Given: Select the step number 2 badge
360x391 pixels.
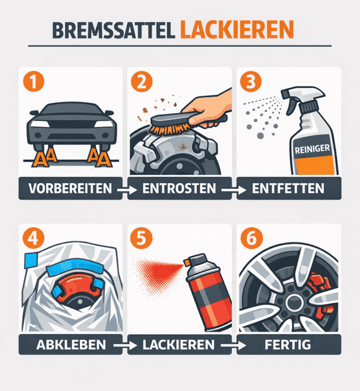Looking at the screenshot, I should (140, 81).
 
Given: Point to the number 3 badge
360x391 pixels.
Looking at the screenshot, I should (248, 81).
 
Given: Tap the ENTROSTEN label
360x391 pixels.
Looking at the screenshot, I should (180, 188).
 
